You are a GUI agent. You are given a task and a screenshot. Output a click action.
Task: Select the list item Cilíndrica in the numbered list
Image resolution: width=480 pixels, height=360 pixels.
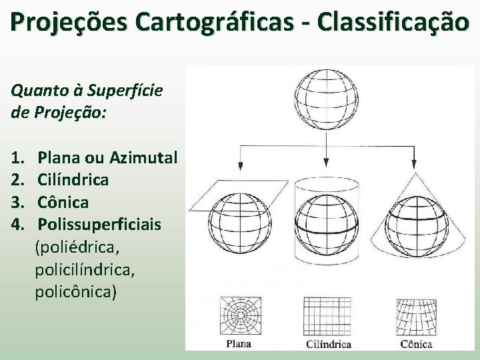(x=73, y=179)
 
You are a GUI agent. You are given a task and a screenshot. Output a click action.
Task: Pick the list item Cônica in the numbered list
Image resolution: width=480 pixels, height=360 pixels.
(x=63, y=201)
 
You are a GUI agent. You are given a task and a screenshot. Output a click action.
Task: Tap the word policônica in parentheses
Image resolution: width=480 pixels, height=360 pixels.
(x=77, y=291)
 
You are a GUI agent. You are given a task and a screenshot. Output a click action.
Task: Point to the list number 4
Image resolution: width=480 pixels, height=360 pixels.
(x=17, y=223)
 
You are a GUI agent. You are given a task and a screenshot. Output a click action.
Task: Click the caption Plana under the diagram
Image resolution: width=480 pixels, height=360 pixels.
(x=238, y=345)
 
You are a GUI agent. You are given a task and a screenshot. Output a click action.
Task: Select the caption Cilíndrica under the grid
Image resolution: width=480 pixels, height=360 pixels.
(x=328, y=345)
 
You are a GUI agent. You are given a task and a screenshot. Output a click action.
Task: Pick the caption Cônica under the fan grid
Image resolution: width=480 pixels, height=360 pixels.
(x=417, y=345)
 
